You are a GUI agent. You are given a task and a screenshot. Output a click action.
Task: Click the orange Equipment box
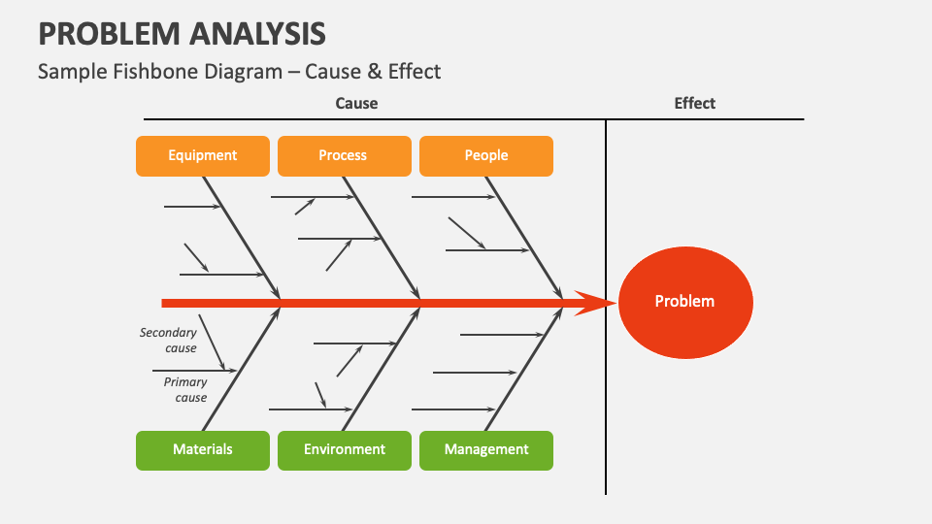click(203, 156)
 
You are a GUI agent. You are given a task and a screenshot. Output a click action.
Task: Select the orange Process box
click(343, 156)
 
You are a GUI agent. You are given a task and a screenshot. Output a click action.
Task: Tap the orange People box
click(486, 156)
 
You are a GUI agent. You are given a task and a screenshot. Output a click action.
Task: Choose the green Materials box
click(203, 450)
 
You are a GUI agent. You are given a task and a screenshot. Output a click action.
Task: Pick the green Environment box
click(345, 450)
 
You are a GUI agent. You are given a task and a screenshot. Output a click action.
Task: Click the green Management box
click(486, 450)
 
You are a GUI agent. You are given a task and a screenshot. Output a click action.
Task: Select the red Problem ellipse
click(684, 302)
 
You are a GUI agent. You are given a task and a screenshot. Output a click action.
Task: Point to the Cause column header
click(356, 104)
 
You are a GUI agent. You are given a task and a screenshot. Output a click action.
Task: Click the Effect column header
click(694, 104)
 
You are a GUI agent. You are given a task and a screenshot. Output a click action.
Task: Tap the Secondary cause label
click(168, 340)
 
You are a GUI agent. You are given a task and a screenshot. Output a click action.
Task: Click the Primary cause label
click(185, 389)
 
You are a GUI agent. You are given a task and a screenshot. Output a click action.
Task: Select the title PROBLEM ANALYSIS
click(182, 34)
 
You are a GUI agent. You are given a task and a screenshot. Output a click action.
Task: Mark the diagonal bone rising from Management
click(524, 369)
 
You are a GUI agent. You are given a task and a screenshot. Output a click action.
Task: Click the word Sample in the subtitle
click(67, 71)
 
